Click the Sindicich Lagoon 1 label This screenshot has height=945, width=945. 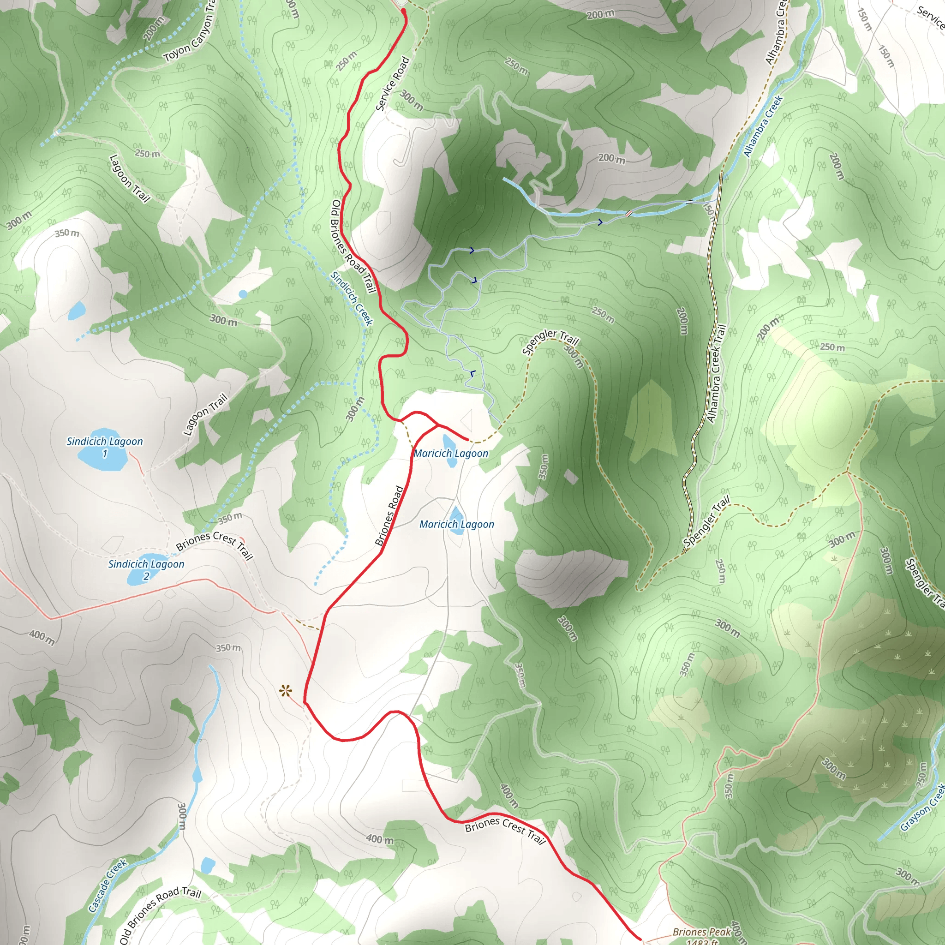[105, 447]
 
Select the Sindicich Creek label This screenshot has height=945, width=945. [352, 299]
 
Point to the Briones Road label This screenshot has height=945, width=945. [389, 515]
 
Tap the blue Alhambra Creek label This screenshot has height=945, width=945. [764, 126]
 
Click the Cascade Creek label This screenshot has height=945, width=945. [108, 885]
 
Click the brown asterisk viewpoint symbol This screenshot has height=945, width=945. [286, 691]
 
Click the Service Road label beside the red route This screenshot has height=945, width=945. [392, 84]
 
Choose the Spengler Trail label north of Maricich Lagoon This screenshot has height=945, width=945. [550, 341]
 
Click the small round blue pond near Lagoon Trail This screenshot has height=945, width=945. [243, 294]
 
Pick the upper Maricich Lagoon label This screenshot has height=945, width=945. [450, 454]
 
